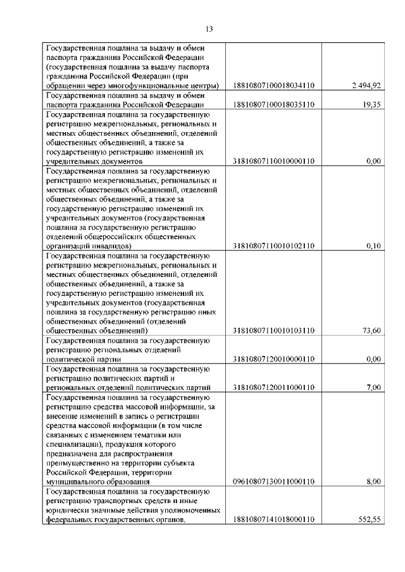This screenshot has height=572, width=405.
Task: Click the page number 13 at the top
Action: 209,28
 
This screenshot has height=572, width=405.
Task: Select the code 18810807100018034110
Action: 274,85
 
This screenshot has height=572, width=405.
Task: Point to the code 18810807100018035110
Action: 274,104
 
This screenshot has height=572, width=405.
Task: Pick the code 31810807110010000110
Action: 274,161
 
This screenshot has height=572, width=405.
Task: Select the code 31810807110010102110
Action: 274,246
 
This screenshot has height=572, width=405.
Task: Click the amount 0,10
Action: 373,246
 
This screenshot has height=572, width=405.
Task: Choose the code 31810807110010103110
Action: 274,331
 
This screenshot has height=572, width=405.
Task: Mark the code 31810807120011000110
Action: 274,387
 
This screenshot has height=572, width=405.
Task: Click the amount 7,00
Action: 373,387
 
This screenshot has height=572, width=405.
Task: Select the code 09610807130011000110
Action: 274,482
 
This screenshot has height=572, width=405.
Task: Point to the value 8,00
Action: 373,482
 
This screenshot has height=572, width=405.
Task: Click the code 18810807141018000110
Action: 274,520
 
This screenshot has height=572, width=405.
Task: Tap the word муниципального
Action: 75,482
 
